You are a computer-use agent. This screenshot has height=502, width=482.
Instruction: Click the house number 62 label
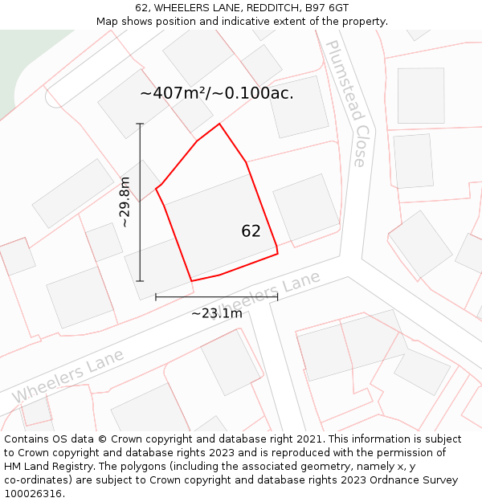(251, 231)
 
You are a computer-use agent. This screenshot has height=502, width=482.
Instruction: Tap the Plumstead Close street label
(347, 104)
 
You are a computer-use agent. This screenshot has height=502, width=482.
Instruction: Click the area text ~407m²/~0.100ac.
(217, 93)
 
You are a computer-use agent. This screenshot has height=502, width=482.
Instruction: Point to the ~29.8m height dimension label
(125, 202)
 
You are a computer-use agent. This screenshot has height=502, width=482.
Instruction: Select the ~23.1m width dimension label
(216, 313)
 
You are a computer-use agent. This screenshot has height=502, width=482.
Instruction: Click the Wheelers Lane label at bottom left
(68, 376)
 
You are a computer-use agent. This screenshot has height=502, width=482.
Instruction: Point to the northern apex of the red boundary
(219, 124)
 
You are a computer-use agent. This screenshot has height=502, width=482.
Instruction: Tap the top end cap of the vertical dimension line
(140, 124)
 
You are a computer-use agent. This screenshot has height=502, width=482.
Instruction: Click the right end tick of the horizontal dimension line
(277, 296)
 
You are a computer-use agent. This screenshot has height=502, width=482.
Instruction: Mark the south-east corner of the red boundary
(277, 254)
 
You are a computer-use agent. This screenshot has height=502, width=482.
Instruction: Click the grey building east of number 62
(306, 206)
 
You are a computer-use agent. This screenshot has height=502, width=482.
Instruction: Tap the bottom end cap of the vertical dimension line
(140, 281)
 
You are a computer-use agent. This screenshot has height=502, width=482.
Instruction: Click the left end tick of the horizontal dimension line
(156, 296)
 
